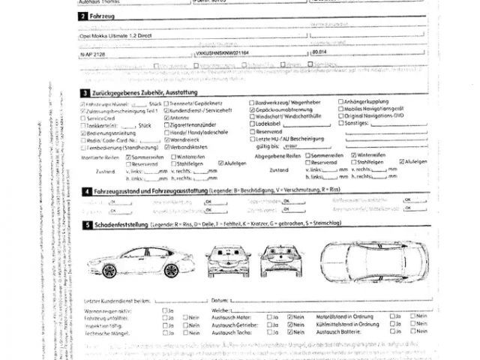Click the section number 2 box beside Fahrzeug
pos(82,15)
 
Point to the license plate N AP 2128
pos(93,53)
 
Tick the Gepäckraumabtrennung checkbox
pos(251,109)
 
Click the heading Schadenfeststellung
pos(119,224)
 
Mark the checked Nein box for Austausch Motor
pos(290,317)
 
